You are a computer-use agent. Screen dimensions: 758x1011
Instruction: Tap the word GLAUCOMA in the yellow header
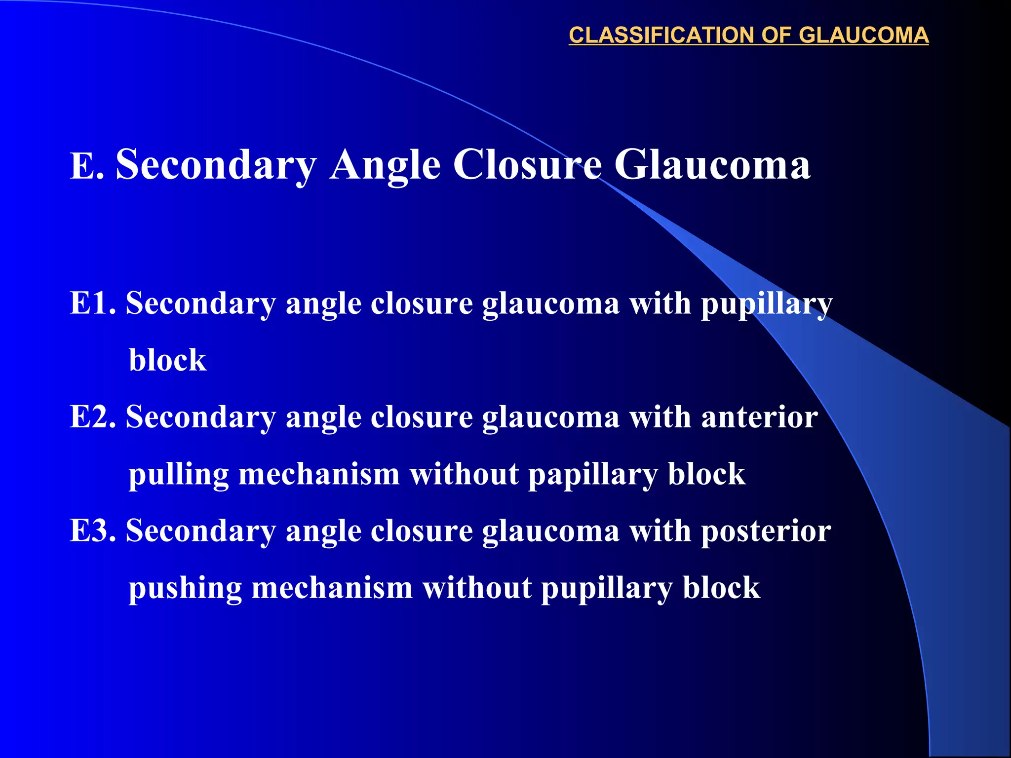click(863, 35)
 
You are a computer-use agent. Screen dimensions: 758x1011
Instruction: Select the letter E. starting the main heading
click(87, 166)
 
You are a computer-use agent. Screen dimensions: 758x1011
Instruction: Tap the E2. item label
click(93, 417)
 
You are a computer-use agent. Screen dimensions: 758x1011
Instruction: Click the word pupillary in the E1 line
click(767, 303)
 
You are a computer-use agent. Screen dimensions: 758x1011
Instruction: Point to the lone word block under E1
click(167, 360)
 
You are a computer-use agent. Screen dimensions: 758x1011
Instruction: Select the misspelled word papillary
click(593, 475)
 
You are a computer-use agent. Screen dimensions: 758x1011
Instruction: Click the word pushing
click(185, 589)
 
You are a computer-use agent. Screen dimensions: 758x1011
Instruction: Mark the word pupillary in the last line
click(607, 589)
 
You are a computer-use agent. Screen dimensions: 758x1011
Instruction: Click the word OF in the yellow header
click(777, 35)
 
